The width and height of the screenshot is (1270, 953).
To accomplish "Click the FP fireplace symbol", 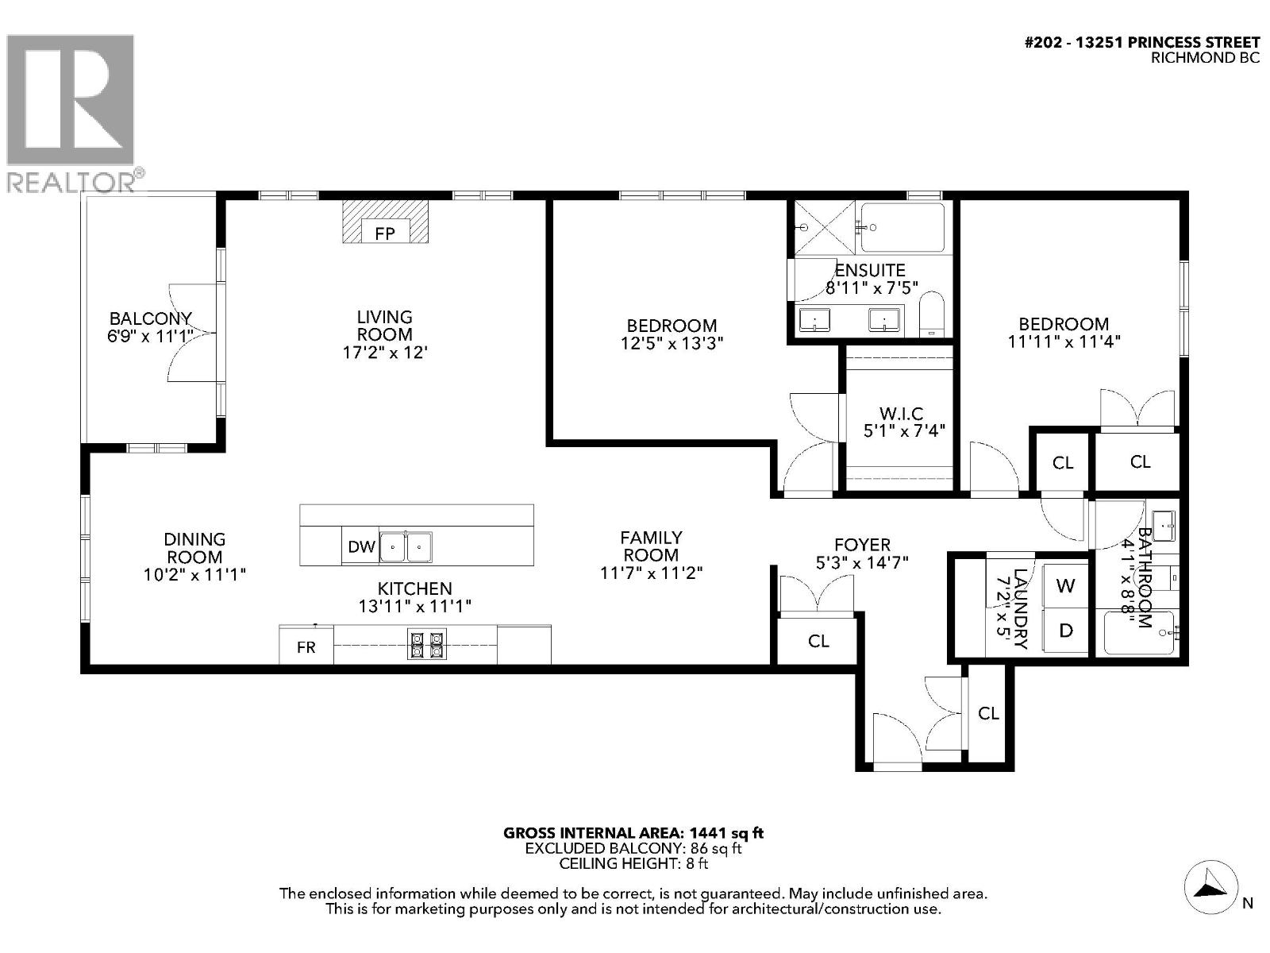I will coord(385,233).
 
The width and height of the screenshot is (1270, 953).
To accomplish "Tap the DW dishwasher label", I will coord(361,546).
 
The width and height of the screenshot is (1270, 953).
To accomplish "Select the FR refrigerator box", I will coord(306,646).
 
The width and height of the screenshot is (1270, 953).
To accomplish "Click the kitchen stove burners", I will coord(426,644).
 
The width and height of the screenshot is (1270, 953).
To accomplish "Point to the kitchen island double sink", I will coord(406,547).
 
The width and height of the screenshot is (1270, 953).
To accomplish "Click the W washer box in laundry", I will coord(1065,586).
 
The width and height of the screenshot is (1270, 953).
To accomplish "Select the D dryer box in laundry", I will coord(1065,631).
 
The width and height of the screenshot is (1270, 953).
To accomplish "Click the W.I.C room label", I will coord(901,414).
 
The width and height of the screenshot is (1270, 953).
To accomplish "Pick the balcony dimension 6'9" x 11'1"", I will coord(151,336).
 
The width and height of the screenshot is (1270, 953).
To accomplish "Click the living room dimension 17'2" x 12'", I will coord(385,352).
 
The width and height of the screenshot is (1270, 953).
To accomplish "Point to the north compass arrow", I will coord(1211,889).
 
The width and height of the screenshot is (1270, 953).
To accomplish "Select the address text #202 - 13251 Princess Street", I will coord(1142,42).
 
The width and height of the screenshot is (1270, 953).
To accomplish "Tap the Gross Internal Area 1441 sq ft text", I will coord(633,833).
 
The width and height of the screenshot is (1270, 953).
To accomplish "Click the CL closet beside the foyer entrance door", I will coord(988,713).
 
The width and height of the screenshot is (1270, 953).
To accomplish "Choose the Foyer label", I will coord(862,545).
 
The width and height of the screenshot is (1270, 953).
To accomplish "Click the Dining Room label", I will coord(194,548).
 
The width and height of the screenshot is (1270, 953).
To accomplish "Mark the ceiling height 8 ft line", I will coord(633,863).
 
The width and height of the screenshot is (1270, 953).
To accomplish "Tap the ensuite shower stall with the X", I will coord(823,227).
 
